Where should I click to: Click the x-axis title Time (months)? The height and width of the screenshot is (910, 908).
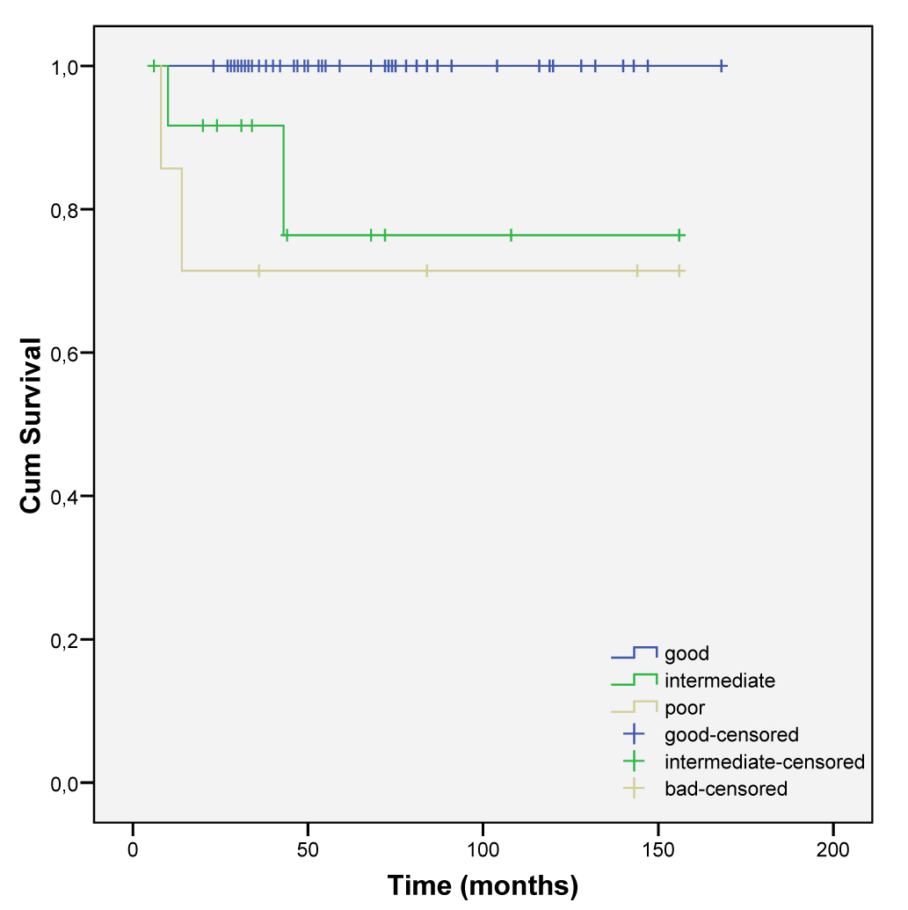pyautogui.click(x=483, y=885)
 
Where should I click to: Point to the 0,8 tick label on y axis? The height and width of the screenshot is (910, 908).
pyautogui.click(x=66, y=210)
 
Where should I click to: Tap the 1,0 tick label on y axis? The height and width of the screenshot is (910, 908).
pyautogui.click(x=66, y=67)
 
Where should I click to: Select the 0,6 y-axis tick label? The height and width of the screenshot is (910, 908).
pyautogui.click(x=66, y=353)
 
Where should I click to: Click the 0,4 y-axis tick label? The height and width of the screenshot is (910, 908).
pyautogui.click(x=66, y=497)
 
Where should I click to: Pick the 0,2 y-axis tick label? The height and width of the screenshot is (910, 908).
pyautogui.click(x=66, y=640)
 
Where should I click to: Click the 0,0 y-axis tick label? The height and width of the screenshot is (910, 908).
pyautogui.click(x=66, y=783)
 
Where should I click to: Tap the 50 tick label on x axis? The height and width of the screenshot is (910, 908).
pyautogui.click(x=308, y=851)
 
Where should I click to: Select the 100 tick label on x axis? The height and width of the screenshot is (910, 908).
pyautogui.click(x=483, y=851)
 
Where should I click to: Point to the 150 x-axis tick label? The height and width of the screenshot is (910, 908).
pyautogui.click(x=657, y=851)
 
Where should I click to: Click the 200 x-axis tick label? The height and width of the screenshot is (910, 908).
pyautogui.click(x=833, y=851)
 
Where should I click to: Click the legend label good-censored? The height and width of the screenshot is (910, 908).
pyautogui.click(x=731, y=734)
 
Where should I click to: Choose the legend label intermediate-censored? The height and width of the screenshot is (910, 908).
pyautogui.click(x=765, y=761)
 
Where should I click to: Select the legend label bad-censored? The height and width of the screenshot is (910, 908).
pyautogui.click(x=726, y=789)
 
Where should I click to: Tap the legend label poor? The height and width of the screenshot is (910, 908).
pyautogui.click(x=685, y=708)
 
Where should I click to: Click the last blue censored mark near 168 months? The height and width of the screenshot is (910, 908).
pyautogui.click(x=721, y=66)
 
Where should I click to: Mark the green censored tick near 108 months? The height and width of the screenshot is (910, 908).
pyautogui.click(x=511, y=235)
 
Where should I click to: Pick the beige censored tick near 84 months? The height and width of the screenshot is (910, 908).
pyautogui.click(x=426, y=271)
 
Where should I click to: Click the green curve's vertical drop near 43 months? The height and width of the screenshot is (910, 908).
pyautogui.click(x=284, y=180)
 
